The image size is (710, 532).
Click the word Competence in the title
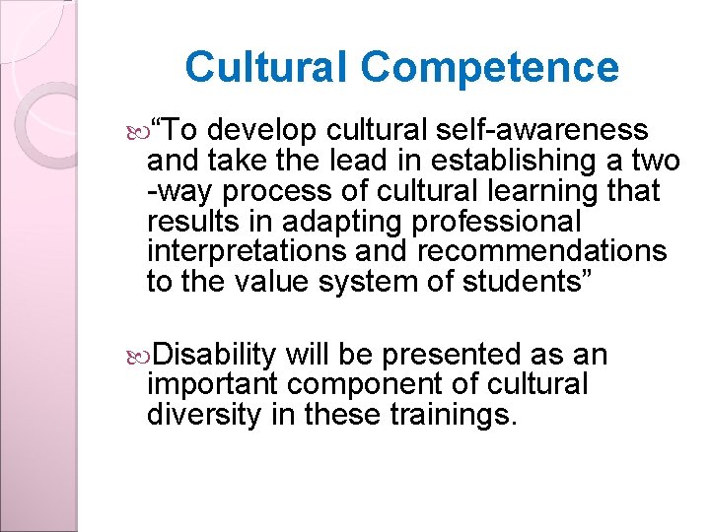click(x=489, y=68)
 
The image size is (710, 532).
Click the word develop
click(x=262, y=130)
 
